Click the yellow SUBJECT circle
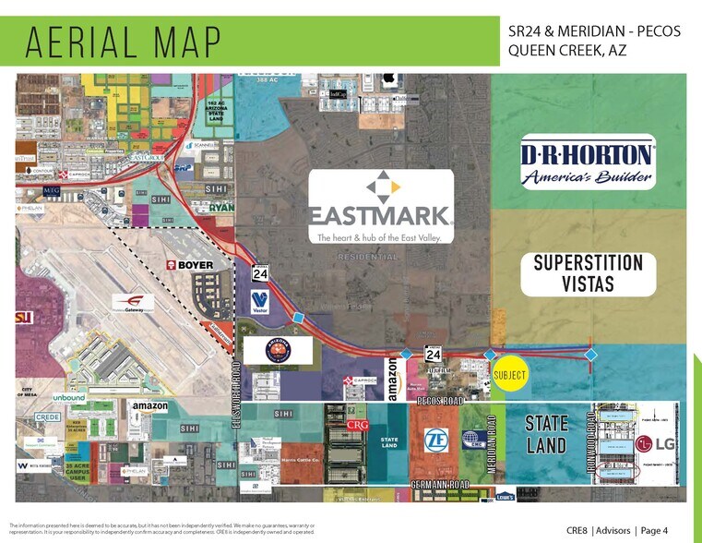[509, 376]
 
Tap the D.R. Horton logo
[588, 163]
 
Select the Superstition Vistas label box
[588, 273]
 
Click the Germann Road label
[440, 485]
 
